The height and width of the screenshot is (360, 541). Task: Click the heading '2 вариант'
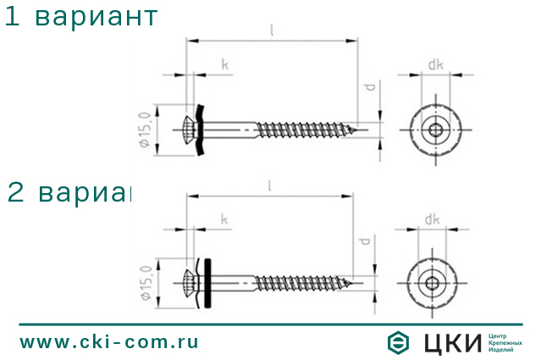coord(69,193)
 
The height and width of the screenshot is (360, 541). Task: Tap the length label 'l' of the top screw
coord(271,30)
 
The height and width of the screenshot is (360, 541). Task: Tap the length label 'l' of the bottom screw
coord(269,185)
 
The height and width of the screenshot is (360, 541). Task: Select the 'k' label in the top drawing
coord(224,65)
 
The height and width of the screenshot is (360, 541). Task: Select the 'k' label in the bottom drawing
coord(224,220)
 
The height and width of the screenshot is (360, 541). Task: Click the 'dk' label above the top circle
coord(435,64)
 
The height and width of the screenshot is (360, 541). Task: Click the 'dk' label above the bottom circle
coord(433,219)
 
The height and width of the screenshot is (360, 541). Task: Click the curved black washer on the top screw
coord(201,130)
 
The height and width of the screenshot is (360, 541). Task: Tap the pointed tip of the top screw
coord(364,130)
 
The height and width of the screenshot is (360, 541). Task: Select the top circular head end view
coord(435,130)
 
